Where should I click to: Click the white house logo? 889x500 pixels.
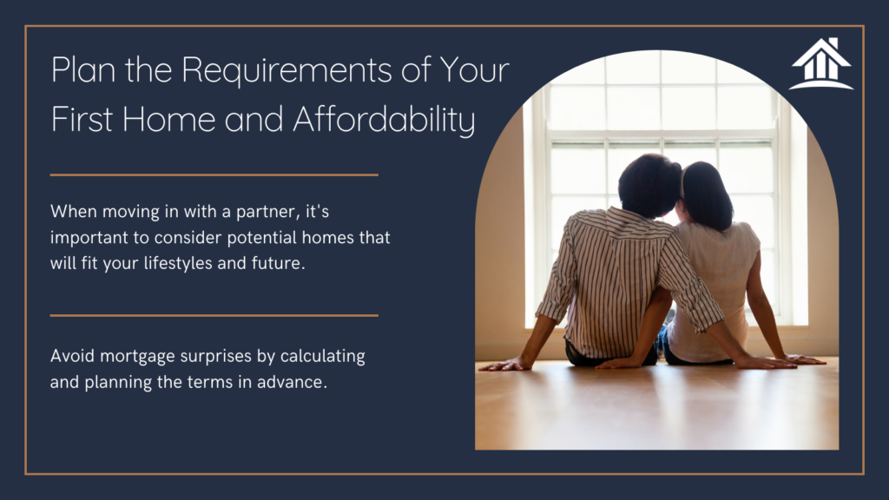pyautogui.click(x=821, y=63)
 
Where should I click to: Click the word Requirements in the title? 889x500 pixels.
pyautogui.click(x=286, y=70)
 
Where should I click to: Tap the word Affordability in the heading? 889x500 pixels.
pyautogui.click(x=384, y=120)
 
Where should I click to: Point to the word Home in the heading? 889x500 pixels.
pyautogui.click(x=168, y=120)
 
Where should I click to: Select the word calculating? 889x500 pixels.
pyautogui.click(x=323, y=357)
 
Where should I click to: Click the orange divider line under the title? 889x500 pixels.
pyautogui.click(x=214, y=174)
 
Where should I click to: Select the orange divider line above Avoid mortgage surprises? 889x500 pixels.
pyautogui.click(x=214, y=315)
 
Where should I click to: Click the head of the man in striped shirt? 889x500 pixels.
pyautogui.click(x=649, y=186)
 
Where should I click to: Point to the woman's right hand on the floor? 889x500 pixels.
pyautogui.click(x=805, y=359)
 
